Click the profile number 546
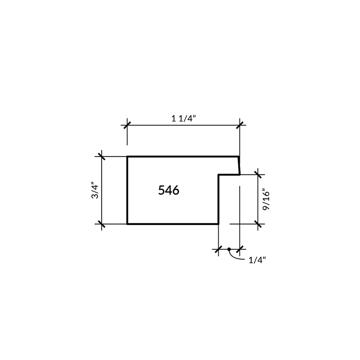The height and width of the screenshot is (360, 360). tap(169, 190)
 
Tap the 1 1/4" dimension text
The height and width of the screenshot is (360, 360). tap(184, 118)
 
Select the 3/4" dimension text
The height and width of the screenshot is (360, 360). tap(95, 190)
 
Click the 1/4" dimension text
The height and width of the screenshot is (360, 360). tap(257, 260)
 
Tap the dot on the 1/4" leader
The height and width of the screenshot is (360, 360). tap(229, 249)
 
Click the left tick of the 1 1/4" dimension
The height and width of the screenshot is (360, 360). tap(127, 126)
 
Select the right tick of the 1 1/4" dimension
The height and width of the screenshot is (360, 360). tap(240, 126)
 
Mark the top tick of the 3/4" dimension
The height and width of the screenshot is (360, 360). tap(102, 157)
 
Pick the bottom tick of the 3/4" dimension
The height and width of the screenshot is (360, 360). tap(102, 224)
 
